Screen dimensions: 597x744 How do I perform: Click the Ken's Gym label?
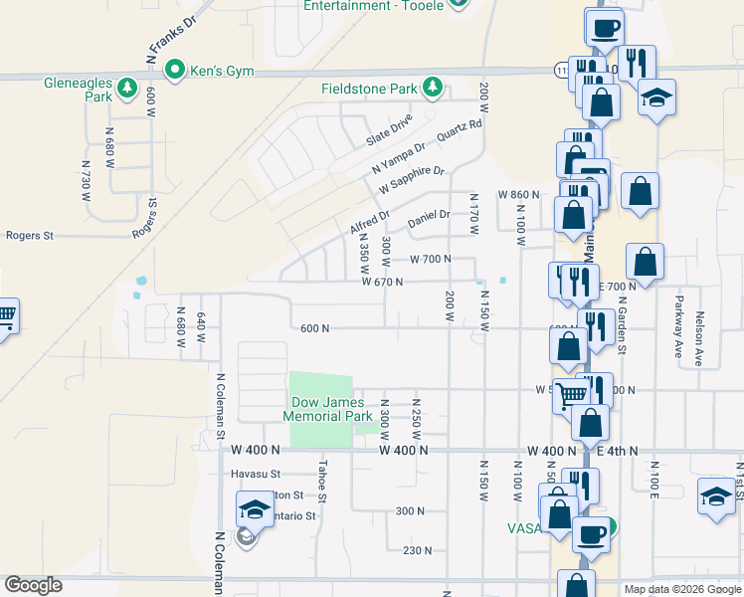pyautogui.click(x=222, y=71)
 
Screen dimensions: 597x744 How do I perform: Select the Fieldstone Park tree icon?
pyautogui.click(x=433, y=89)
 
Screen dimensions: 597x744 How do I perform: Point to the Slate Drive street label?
pyautogui.click(x=389, y=128)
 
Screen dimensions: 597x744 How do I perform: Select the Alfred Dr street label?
pyautogui.click(x=370, y=222)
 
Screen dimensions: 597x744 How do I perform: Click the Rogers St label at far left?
pyautogui.click(x=29, y=236)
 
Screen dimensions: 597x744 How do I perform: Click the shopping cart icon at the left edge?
pyautogui.click(x=5, y=316)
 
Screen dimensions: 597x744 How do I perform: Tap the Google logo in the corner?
pyautogui.click(x=33, y=585)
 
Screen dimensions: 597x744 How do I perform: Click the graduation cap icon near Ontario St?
pyautogui.click(x=255, y=509)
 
